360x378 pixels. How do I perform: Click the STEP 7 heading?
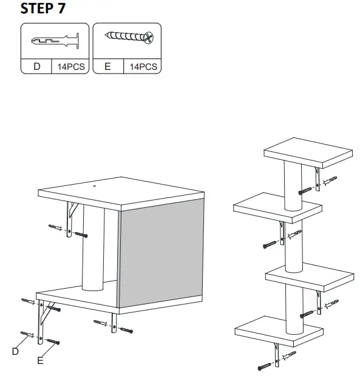(43, 9)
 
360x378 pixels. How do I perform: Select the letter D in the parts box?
(37, 66)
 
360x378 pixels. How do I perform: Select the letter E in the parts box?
(107, 66)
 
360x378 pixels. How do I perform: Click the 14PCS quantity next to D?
(72, 66)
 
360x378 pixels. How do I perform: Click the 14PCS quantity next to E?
(143, 66)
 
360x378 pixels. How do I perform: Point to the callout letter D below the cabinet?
(16, 351)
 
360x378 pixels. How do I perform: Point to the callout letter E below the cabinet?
(40, 361)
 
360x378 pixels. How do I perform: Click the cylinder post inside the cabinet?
(93, 249)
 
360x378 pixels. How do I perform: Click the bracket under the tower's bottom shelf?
(277, 354)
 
